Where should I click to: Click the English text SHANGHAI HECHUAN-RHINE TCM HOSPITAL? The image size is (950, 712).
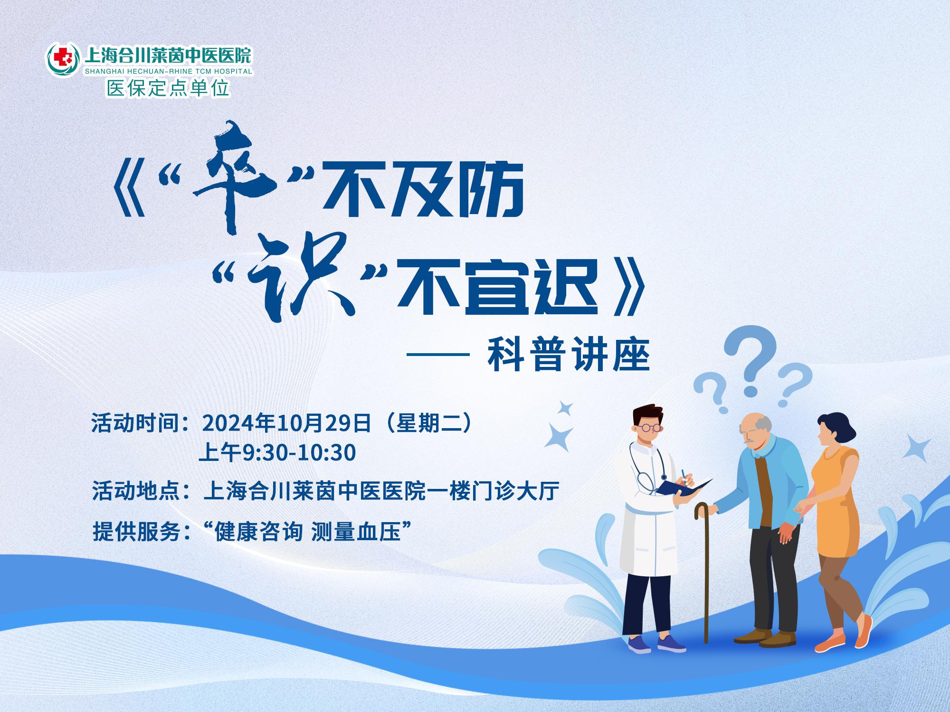pyautogui.click(x=168, y=71)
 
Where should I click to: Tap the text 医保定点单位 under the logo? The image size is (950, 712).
pyautogui.click(x=168, y=88)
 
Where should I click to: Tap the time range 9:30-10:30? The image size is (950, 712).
pyautogui.click(x=299, y=453)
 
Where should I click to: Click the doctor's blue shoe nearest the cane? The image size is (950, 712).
pyautogui.click(x=671, y=643)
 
